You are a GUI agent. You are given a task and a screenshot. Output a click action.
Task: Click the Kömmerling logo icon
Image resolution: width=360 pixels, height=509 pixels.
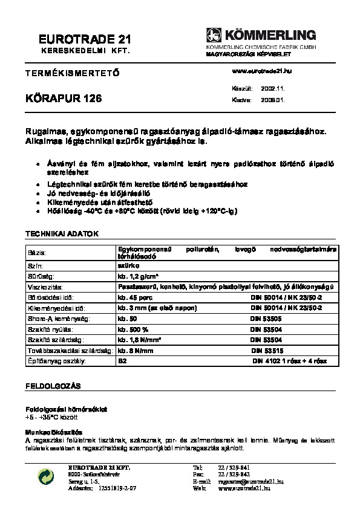point(214,35)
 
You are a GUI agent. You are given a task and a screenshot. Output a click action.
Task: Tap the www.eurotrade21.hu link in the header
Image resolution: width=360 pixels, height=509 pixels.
point(262,71)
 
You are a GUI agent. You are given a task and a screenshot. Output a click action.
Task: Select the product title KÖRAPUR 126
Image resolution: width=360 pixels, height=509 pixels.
point(64,99)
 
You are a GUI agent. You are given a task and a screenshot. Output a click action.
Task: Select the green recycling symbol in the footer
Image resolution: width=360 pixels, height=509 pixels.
point(45,478)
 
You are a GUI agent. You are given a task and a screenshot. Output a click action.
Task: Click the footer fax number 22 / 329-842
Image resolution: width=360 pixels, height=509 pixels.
point(233,475)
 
